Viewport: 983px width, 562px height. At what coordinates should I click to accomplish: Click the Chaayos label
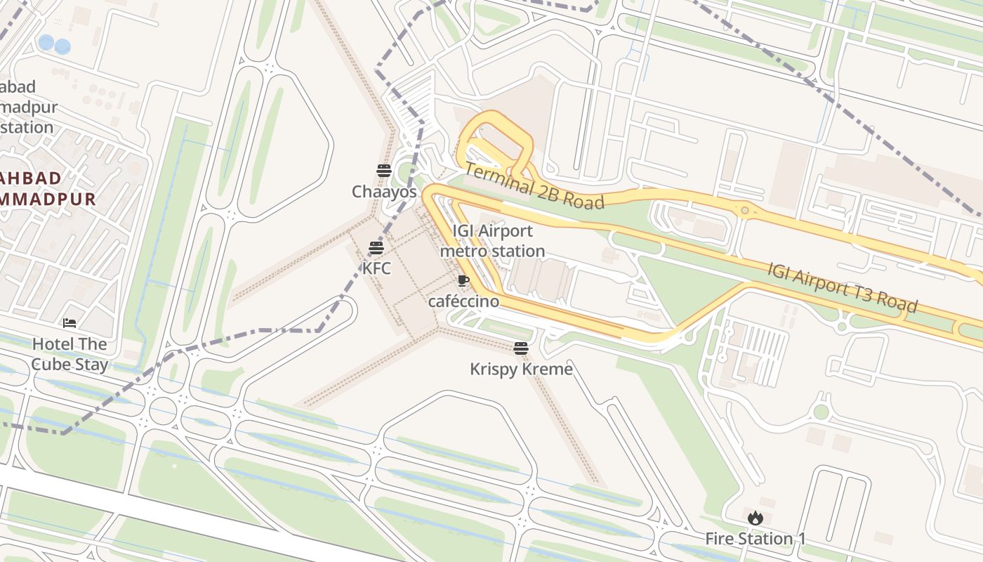click(x=384, y=192)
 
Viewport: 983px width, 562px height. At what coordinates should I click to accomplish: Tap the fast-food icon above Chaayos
click(x=383, y=170)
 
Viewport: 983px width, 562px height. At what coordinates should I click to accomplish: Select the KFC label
click(x=376, y=268)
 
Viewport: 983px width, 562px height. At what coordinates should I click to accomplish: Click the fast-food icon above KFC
click(x=376, y=247)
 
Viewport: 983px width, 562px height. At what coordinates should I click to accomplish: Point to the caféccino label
click(x=463, y=301)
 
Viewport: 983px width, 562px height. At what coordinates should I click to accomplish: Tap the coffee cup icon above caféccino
click(x=463, y=281)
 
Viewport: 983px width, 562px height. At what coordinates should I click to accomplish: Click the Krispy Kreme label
click(x=521, y=369)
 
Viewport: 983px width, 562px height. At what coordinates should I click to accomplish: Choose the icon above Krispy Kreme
click(x=520, y=348)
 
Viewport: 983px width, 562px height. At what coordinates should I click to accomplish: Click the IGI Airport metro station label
click(x=492, y=241)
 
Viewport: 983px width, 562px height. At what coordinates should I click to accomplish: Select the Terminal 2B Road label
click(x=534, y=187)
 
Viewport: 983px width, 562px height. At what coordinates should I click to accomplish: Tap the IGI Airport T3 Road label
click(x=842, y=287)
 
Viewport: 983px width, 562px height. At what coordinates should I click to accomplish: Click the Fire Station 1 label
click(x=756, y=539)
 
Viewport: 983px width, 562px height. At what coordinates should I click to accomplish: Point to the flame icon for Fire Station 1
click(x=755, y=518)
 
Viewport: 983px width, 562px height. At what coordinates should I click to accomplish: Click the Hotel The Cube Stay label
click(x=70, y=354)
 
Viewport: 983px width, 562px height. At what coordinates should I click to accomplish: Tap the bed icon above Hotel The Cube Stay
click(x=70, y=323)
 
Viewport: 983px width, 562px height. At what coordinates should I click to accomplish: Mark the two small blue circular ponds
click(x=54, y=44)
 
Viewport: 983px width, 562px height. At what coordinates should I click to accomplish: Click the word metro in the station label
click(x=463, y=251)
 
